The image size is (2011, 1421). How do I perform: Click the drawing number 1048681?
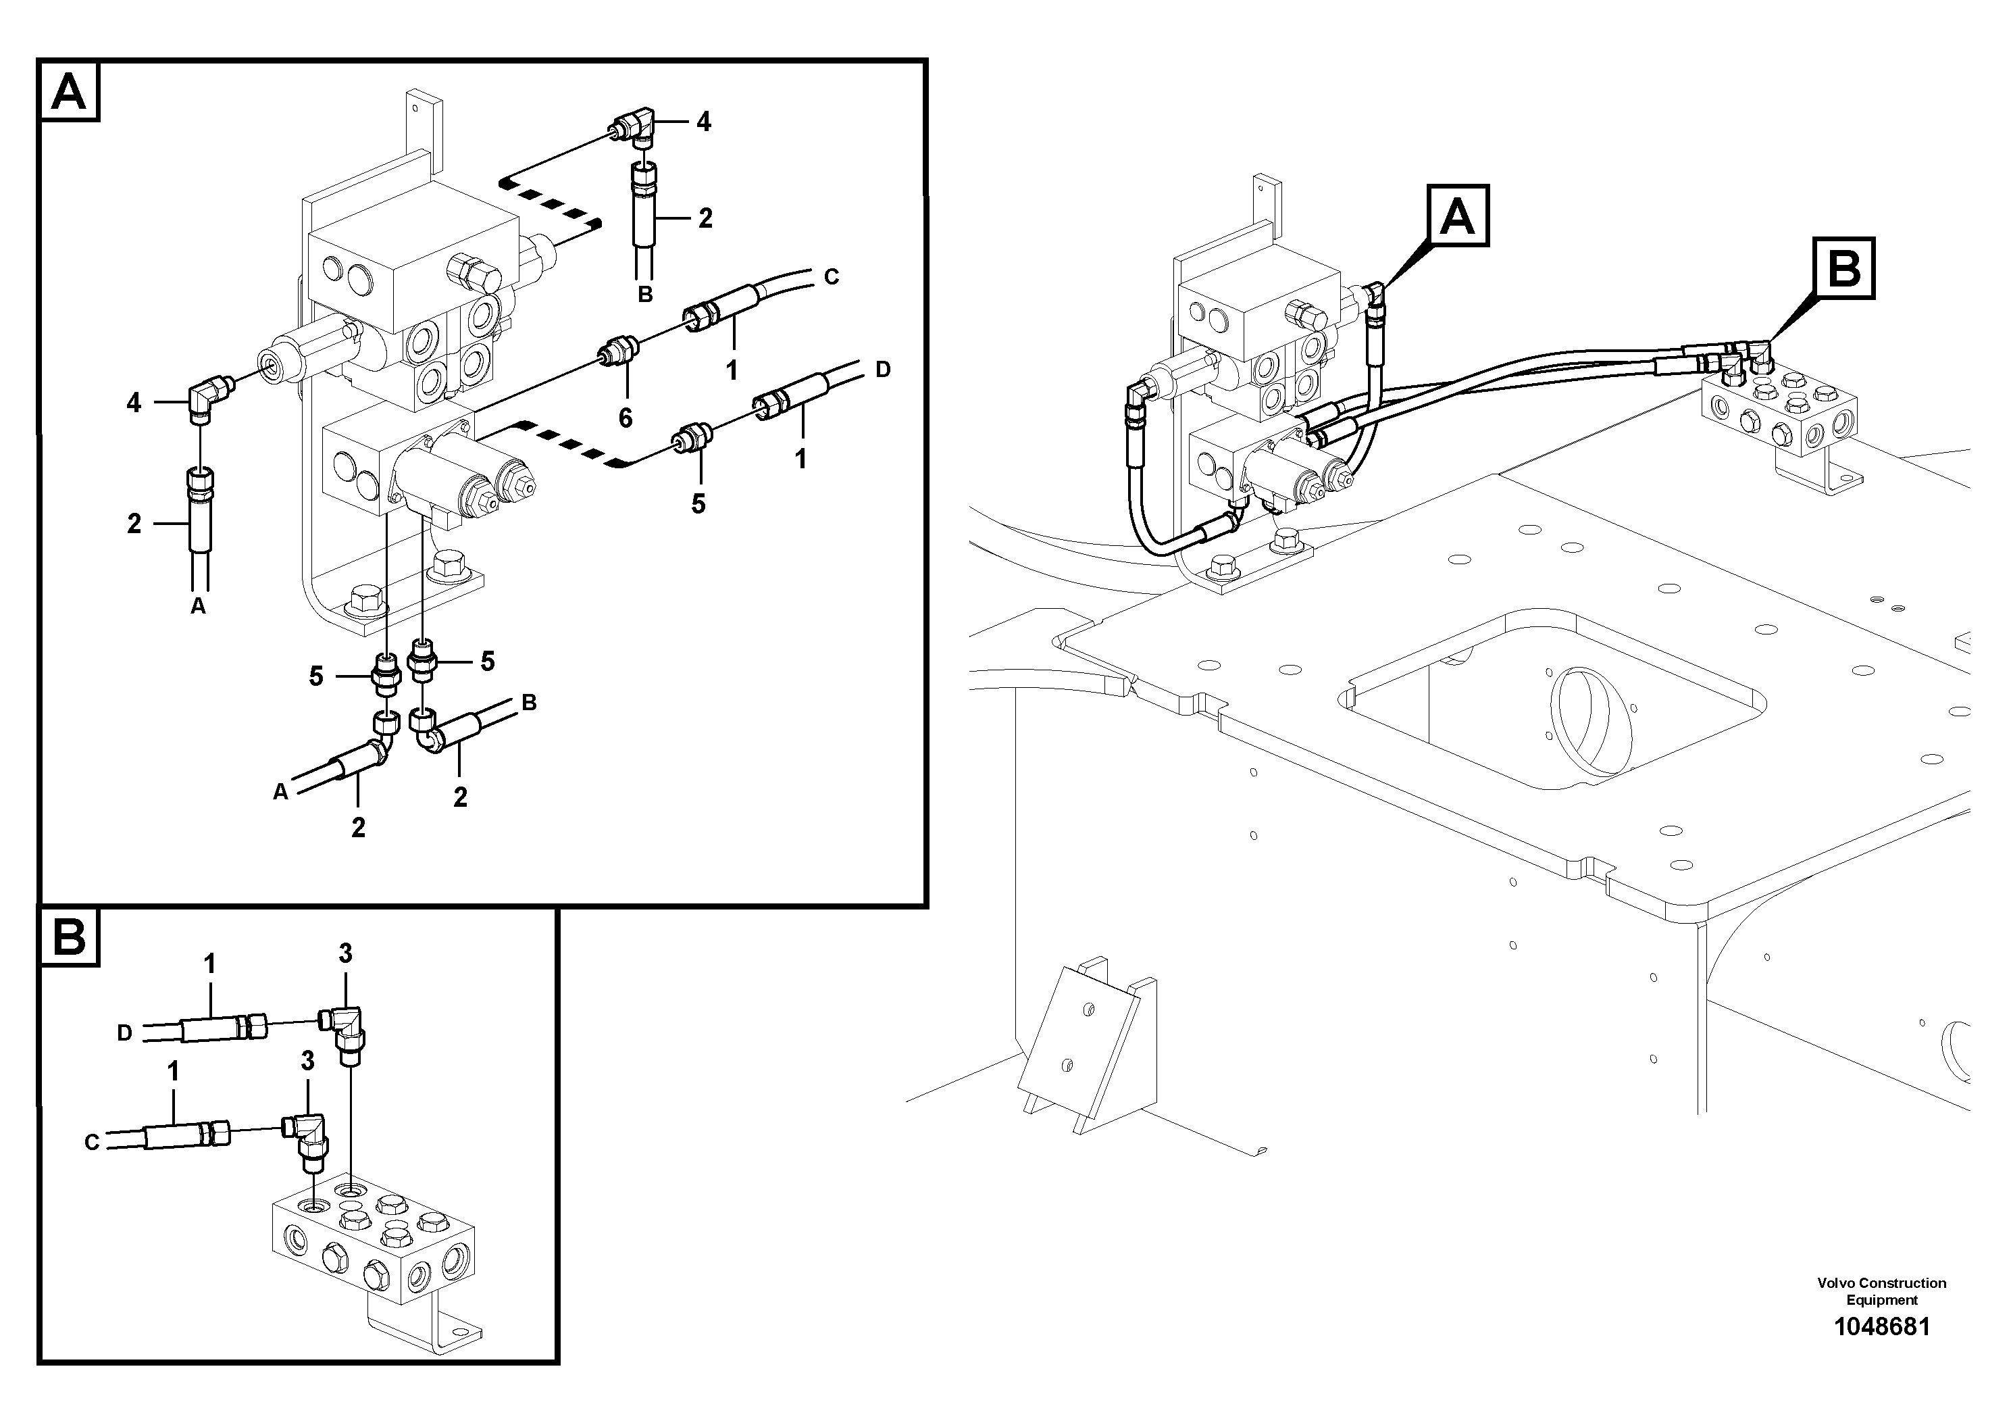[x=1881, y=1326]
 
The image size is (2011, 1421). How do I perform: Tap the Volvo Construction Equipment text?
[x=1881, y=1291]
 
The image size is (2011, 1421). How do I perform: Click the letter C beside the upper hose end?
[x=831, y=277]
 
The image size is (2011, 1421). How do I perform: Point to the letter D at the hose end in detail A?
[x=882, y=370]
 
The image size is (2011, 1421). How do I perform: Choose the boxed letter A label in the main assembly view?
[x=1458, y=216]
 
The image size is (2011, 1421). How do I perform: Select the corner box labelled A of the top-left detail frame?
[x=69, y=91]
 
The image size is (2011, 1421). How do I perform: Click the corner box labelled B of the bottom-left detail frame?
[x=69, y=937]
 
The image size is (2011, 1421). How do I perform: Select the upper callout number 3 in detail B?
[x=345, y=954]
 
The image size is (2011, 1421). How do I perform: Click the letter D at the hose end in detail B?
[x=124, y=1033]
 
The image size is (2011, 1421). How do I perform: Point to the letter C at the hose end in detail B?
[x=92, y=1143]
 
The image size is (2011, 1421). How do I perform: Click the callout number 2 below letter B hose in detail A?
[x=460, y=797]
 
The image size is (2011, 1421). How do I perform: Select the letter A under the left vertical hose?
[x=198, y=605]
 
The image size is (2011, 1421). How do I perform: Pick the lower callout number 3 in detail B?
[x=307, y=1061]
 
